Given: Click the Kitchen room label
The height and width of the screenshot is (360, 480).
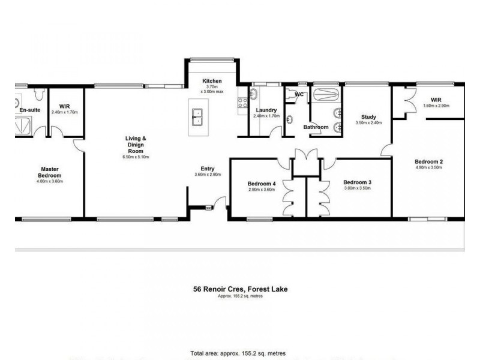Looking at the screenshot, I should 212,81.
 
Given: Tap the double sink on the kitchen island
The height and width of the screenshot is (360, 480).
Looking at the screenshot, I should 197,116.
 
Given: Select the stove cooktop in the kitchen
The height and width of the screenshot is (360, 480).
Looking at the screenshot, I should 242,103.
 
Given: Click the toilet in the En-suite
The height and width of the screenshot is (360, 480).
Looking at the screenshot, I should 38,95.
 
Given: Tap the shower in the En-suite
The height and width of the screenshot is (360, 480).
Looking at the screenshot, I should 25,125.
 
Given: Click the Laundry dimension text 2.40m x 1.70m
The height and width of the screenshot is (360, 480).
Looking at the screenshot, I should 266,116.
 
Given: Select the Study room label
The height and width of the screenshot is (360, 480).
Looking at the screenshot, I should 368,117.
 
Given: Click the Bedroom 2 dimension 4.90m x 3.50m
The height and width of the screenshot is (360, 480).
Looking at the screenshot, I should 428,167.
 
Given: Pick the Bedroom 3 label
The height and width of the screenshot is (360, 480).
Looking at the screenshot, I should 358,182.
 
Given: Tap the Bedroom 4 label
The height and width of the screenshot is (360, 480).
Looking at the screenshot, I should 261,184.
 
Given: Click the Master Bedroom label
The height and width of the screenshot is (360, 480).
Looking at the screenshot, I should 49,172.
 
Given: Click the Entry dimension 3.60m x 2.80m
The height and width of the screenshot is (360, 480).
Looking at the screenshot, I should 208,175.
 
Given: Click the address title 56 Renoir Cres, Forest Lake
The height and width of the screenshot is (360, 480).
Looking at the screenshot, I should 236,289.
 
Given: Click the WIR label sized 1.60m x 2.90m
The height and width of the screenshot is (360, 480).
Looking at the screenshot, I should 436,100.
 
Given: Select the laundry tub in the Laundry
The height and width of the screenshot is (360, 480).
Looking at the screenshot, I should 254,94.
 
